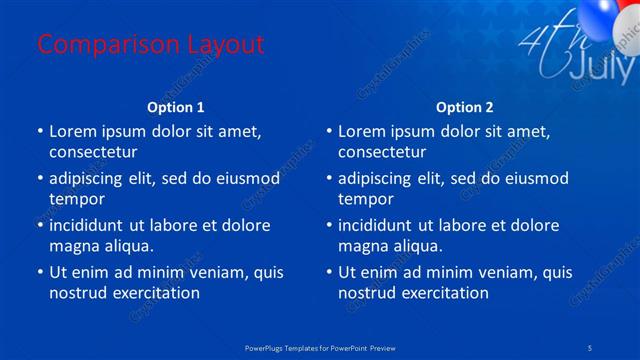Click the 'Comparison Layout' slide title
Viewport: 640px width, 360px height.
coord(150,44)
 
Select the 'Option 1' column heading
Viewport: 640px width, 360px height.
coord(176,106)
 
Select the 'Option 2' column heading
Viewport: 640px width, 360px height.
coord(465,106)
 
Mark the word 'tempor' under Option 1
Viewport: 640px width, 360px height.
coord(74,199)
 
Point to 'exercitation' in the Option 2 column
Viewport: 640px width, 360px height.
coord(445,293)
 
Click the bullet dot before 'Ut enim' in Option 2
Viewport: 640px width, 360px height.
coord(328,272)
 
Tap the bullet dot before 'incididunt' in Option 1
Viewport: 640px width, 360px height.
coord(39,225)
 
